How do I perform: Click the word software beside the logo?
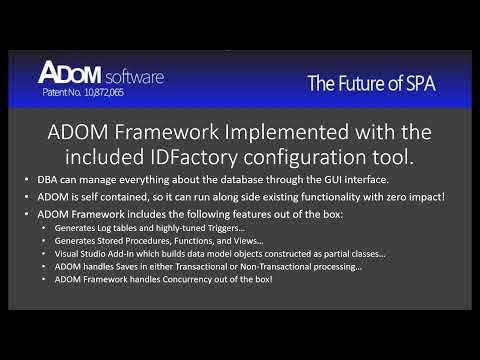(x=130, y=76)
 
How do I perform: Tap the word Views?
(x=237, y=241)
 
